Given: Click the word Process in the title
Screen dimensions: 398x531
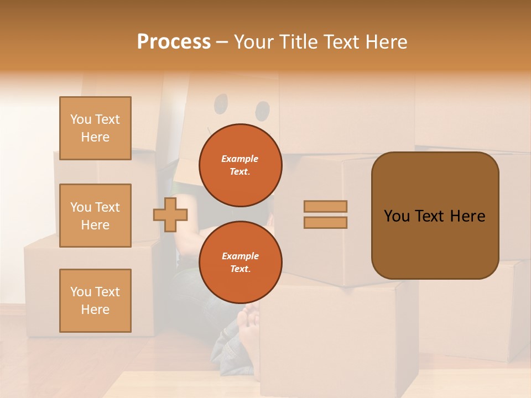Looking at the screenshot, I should click(x=174, y=42).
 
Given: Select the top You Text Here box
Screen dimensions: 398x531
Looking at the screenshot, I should click(x=95, y=128).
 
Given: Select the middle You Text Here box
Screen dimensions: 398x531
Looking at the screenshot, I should click(x=95, y=216).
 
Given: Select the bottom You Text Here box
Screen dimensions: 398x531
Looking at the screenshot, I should click(x=95, y=301).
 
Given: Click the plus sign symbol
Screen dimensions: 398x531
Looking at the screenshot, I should click(x=170, y=214).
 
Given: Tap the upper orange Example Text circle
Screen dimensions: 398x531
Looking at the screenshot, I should click(x=240, y=165).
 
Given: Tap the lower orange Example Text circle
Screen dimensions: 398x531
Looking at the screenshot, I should click(x=240, y=263).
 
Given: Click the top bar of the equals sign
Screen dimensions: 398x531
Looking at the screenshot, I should click(x=325, y=206).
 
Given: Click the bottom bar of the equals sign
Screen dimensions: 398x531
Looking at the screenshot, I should click(x=325, y=222).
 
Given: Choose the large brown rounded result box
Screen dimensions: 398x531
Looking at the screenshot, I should click(x=435, y=216).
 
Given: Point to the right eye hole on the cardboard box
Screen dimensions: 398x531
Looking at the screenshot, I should click(x=263, y=111).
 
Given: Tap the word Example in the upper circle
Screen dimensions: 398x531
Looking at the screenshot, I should click(x=240, y=159).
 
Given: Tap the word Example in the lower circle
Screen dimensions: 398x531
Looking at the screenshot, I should click(x=240, y=256).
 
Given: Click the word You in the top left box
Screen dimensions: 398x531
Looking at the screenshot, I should click(x=81, y=119).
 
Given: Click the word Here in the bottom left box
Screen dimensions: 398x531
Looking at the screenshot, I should click(x=95, y=310).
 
